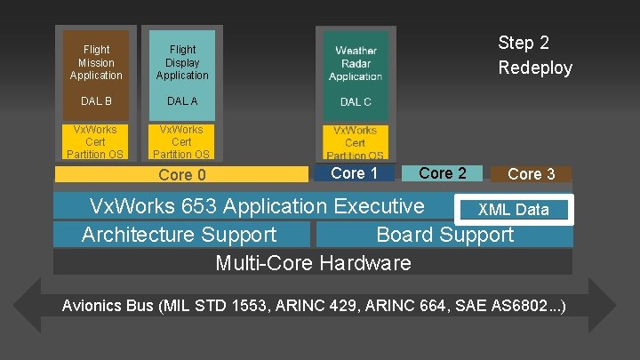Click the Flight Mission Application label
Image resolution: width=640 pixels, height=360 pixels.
coord(96,63)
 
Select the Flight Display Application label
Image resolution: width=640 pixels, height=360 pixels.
coord(182,63)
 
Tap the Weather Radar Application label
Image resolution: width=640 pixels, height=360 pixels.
coord(356,64)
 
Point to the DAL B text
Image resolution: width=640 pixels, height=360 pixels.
coord(96,101)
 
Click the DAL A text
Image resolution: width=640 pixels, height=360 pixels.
coord(182,101)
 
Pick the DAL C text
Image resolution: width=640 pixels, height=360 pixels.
coord(356,102)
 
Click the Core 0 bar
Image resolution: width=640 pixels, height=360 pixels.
coord(181,175)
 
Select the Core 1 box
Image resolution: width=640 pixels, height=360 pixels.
coord(354,173)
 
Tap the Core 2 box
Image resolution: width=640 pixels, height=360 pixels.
coord(442,173)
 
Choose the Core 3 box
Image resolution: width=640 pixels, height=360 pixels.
coord(532,174)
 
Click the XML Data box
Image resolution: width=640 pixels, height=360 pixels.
coord(514,210)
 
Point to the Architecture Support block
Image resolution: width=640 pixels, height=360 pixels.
coord(180,236)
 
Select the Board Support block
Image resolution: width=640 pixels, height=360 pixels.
coord(444,236)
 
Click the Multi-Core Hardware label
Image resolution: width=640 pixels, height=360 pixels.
coord(313,263)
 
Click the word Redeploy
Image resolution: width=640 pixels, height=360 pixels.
coord(535,68)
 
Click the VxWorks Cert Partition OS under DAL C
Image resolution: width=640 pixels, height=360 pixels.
coord(355,142)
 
